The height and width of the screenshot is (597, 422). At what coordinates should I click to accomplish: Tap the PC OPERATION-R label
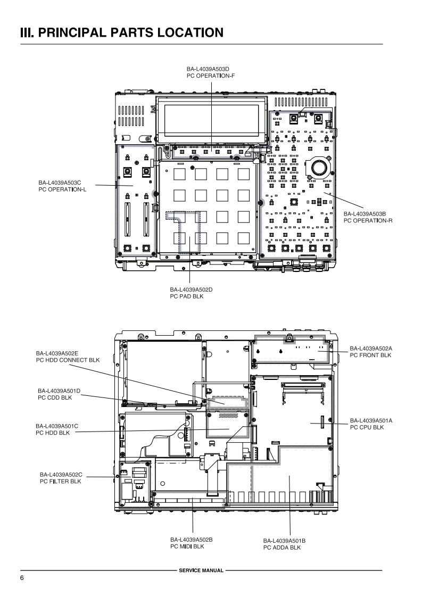368,220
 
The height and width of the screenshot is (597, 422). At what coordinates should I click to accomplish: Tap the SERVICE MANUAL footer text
202,570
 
